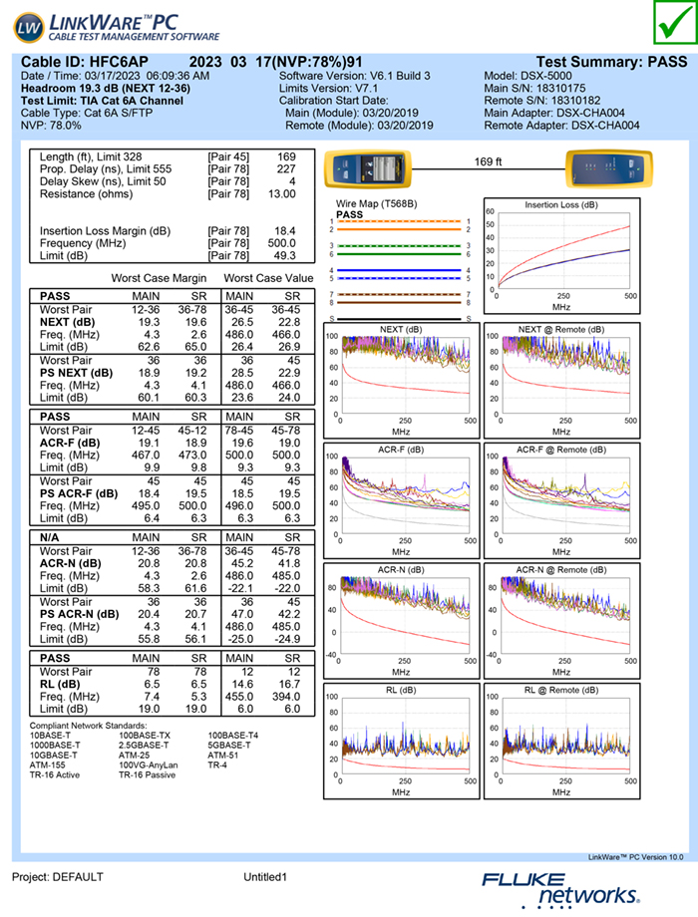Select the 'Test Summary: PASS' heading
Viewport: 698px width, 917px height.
coord(611,62)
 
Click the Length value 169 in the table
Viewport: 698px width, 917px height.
coord(286,157)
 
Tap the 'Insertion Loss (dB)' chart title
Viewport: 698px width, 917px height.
coord(561,204)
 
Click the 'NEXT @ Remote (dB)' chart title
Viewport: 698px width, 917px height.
coord(561,329)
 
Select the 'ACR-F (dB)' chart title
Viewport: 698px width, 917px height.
coord(401,450)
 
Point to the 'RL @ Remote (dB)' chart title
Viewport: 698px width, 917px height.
coord(561,690)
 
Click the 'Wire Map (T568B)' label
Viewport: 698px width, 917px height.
coord(375,204)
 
